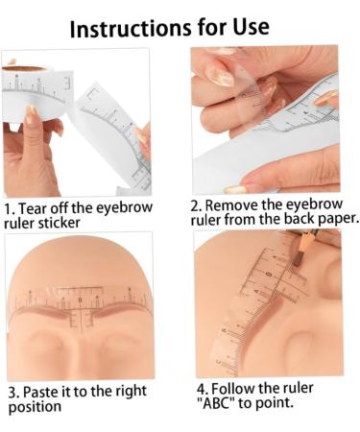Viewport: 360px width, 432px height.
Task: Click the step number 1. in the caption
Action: [10, 209]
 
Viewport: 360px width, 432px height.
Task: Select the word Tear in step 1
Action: [32, 208]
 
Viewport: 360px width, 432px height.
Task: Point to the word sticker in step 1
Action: [59, 223]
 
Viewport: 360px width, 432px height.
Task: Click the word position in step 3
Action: [35, 407]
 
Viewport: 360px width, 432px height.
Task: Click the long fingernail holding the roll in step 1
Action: [32, 114]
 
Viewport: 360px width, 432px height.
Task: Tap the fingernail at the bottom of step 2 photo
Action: [236, 189]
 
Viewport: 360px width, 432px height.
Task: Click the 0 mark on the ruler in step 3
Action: [80, 300]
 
